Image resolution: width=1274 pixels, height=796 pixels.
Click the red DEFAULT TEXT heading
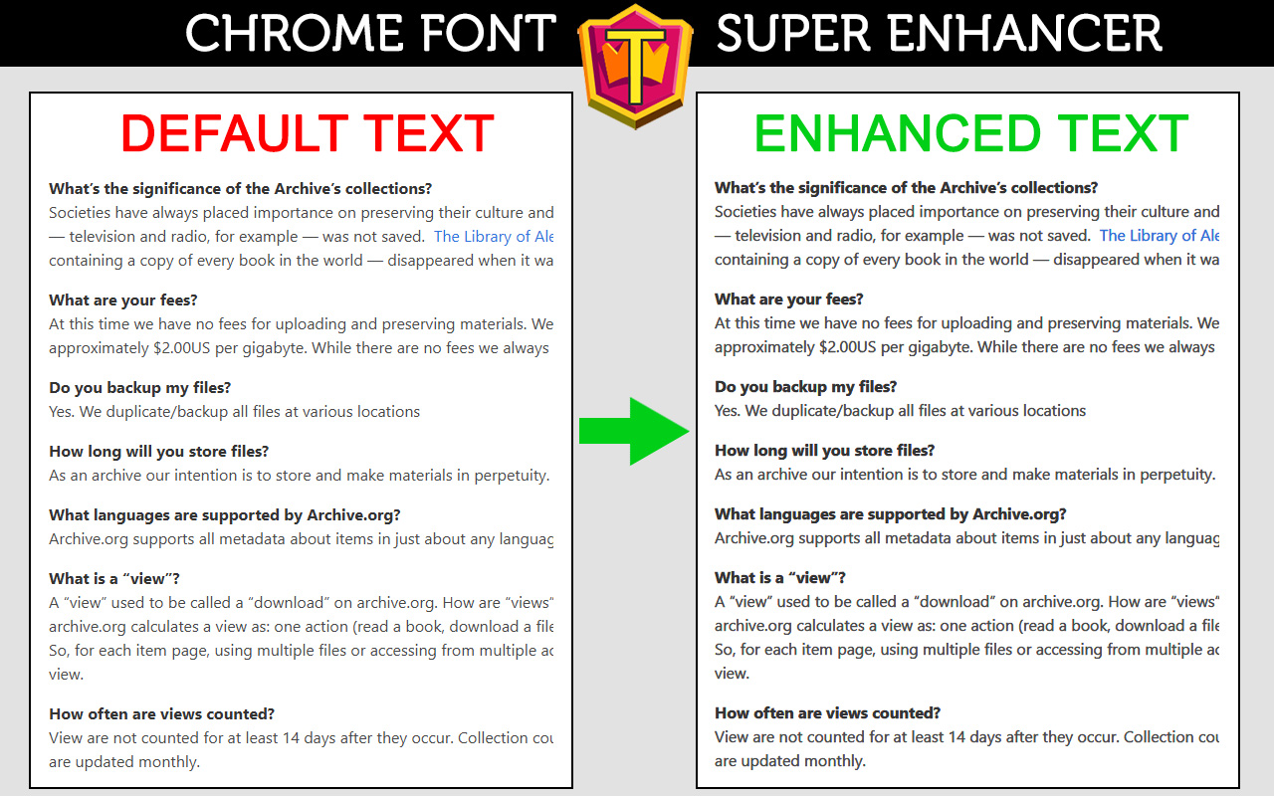(308, 134)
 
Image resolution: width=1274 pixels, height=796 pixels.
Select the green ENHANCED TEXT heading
(970, 134)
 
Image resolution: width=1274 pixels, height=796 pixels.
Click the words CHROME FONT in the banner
(370, 34)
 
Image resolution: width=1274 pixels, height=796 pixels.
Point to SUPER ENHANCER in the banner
(939, 34)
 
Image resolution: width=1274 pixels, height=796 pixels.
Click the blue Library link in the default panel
(494, 237)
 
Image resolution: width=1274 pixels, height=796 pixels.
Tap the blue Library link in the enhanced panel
(1160, 236)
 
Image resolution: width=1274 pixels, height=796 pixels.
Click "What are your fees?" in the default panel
(122, 300)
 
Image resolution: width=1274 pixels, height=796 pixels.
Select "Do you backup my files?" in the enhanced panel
(805, 387)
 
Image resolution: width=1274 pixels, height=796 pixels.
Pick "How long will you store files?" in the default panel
(158, 452)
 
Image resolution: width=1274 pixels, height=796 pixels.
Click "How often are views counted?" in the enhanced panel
(827, 713)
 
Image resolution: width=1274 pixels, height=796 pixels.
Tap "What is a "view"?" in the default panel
(114, 579)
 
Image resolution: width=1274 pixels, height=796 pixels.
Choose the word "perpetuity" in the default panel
(511, 476)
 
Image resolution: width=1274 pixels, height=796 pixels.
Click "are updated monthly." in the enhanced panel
(789, 761)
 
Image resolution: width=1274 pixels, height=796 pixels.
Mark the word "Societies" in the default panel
(82, 213)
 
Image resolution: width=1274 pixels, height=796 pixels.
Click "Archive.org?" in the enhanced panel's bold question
(1019, 514)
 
